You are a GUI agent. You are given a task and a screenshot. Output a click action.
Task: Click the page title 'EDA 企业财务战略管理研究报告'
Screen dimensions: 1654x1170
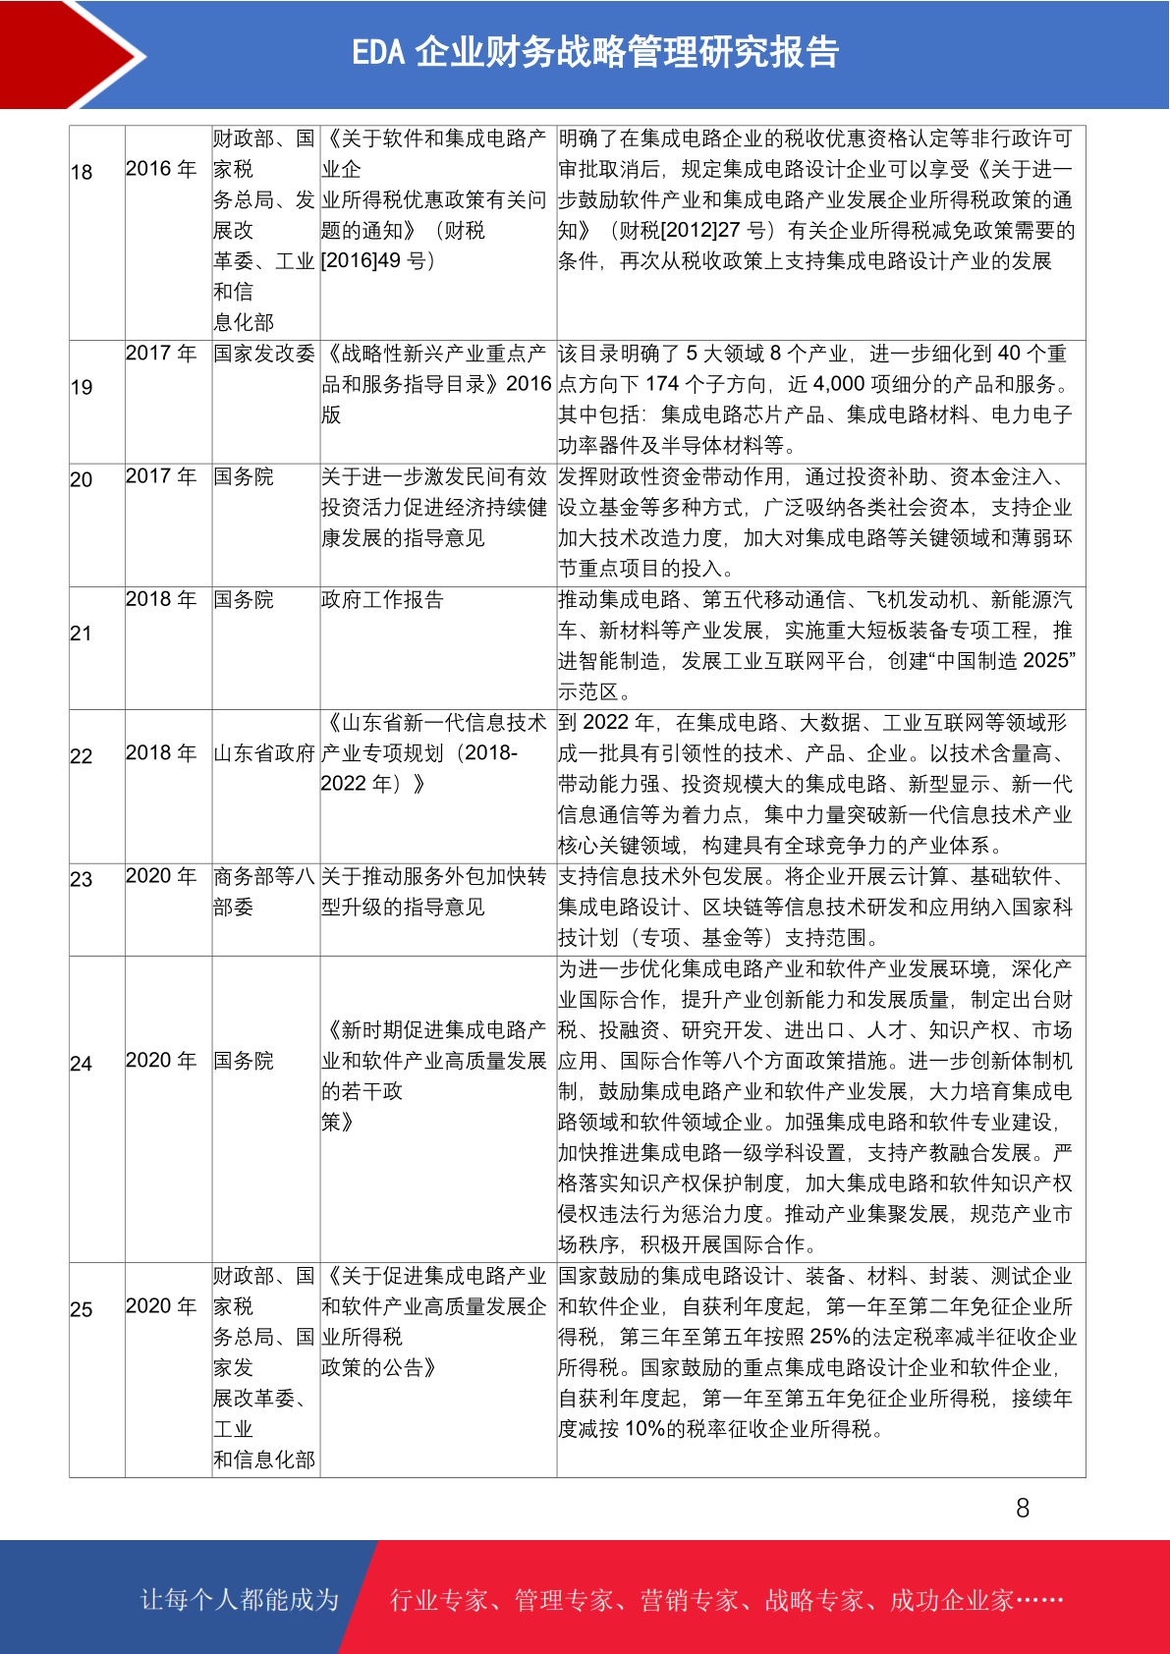coord(595,52)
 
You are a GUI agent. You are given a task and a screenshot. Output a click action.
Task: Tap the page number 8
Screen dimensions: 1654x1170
coord(1023,1508)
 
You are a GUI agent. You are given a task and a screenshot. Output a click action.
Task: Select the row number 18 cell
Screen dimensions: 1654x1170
coord(82,172)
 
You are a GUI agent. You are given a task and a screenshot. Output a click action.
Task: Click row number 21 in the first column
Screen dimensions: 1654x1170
coord(82,634)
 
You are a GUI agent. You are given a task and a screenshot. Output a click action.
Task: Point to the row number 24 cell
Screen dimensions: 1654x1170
coord(82,1064)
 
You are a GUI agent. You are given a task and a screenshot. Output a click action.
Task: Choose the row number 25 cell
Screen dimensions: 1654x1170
coord(82,1309)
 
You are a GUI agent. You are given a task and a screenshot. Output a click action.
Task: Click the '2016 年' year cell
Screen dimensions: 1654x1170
coord(161,169)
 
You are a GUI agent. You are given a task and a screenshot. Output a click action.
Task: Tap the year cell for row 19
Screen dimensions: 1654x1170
coord(161,354)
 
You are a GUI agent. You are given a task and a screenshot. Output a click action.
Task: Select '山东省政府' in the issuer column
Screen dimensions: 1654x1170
coord(264,753)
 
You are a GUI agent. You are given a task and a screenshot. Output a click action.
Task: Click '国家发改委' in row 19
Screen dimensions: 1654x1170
coord(264,354)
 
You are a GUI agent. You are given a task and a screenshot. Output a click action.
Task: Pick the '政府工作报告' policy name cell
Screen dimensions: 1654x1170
coord(382,599)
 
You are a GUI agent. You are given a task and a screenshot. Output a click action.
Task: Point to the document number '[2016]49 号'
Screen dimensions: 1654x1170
coord(378,261)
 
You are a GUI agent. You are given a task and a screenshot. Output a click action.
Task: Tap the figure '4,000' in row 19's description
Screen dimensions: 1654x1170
coord(839,384)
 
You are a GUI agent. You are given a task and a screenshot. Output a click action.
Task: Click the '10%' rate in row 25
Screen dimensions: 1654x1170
coord(644,1429)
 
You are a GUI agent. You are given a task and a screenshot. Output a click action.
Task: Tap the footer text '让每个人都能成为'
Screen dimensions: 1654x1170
coord(240,1599)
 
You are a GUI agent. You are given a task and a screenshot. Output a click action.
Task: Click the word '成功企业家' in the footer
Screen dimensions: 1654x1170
coord(951,1600)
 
